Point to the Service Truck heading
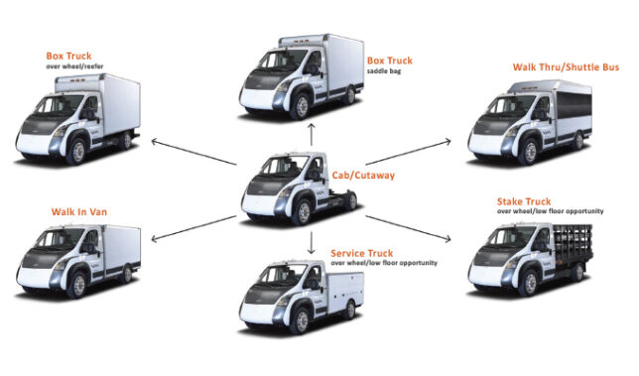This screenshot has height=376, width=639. (369, 254)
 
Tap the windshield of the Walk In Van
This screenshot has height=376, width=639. (53, 242)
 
